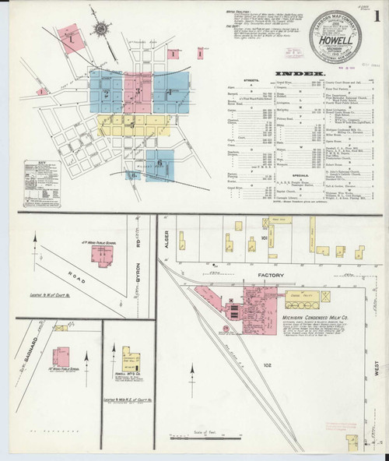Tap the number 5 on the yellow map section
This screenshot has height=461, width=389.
click(133, 125)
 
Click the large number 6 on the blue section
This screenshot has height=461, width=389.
click(159, 164)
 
